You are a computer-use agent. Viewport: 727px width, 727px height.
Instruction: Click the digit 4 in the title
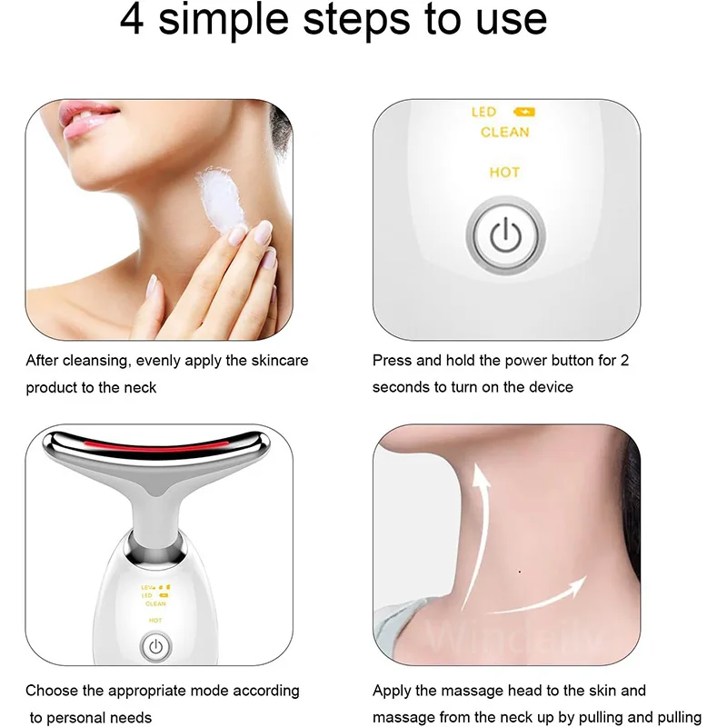(134, 20)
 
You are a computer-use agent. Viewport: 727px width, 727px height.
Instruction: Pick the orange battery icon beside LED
(525, 112)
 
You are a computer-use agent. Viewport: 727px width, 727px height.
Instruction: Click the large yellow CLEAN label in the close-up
(504, 133)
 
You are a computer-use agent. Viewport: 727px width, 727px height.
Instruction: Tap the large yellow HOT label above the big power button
(504, 173)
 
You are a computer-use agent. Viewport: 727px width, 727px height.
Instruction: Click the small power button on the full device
(155, 647)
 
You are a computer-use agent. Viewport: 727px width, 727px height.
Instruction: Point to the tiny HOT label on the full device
(155, 622)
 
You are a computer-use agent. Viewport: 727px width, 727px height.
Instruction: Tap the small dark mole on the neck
(518, 572)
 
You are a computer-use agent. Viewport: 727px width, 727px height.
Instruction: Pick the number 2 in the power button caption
(623, 361)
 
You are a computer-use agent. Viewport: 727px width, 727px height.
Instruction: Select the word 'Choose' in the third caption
(50, 692)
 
